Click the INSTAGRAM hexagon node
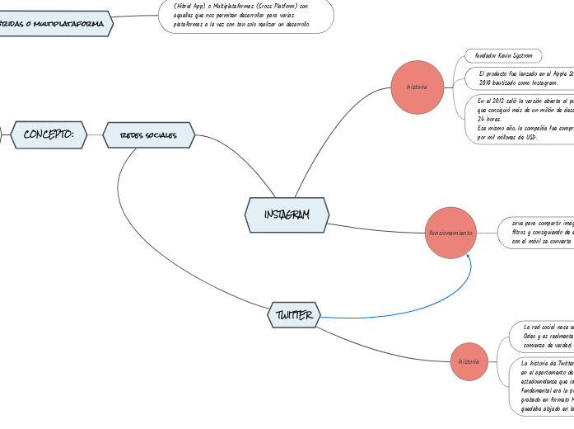287,214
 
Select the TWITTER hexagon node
294,314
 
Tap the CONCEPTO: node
49,134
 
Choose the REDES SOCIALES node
149,135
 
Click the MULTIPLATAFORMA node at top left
54,25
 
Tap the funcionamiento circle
451,233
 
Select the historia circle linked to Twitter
469,361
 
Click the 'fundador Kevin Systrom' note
503,56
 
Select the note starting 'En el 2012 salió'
524,119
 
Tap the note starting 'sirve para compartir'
539,232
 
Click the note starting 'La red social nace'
544,336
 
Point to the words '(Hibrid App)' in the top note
192,6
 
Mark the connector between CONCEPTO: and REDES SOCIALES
95,134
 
